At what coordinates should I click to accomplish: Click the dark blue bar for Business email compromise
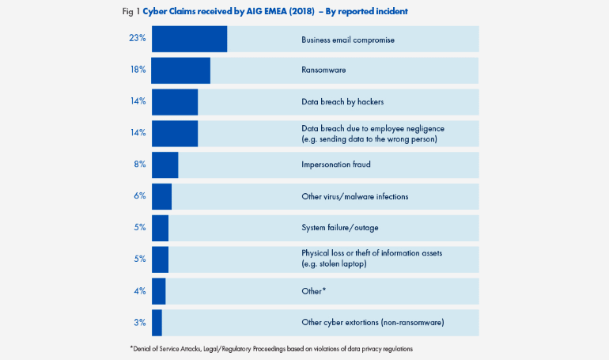point(189,39)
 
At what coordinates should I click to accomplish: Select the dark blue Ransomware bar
point(180,70)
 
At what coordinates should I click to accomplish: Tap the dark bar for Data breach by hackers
point(174,102)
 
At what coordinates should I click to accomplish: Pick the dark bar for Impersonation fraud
point(165,165)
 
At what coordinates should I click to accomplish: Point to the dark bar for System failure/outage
point(160,228)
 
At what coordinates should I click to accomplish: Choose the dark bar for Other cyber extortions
point(157,322)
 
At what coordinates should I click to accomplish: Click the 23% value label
point(137,39)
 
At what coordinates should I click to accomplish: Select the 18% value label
point(137,70)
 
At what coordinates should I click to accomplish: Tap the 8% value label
point(139,165)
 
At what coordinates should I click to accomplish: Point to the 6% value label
point(139,196)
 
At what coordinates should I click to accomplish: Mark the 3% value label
point(139,322)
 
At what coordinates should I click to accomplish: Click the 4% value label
point(139,290)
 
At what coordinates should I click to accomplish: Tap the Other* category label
point(313,290)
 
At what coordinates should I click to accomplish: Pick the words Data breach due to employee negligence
point(373,128)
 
